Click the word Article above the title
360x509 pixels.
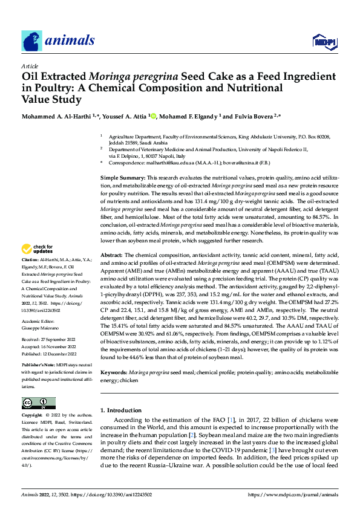[29, 65]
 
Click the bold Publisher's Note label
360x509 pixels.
[40, 366]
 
